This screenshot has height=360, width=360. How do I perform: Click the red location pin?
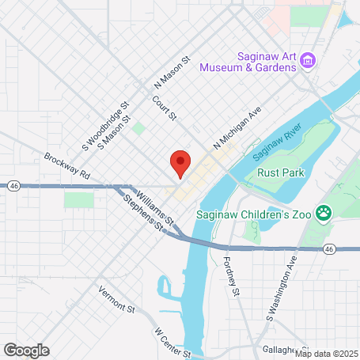click(x=180, y=163)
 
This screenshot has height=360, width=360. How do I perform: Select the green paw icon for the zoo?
click(x=323, y=211)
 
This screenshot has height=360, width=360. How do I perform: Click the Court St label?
click(x=165, y=108)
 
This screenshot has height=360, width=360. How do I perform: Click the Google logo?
click(x=26, y=350)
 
